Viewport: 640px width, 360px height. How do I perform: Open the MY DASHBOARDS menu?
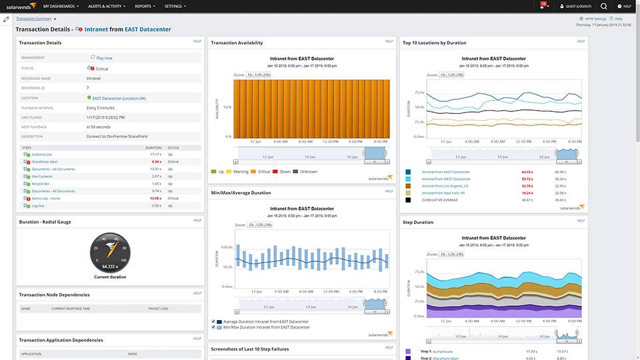pos(61,6)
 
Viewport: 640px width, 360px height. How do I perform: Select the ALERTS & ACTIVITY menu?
pos(106,6)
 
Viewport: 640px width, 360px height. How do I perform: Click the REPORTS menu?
pos(144,6)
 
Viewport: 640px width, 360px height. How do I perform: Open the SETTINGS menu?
pos(175,6)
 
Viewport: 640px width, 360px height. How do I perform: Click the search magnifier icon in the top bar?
pos(603,6)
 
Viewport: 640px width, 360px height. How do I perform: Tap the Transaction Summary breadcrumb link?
pos(35,19)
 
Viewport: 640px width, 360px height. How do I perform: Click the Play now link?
pos(103,58)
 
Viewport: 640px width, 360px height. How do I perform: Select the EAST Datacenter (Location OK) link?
pos(119,98)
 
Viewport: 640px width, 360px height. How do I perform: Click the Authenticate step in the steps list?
pos(43,154)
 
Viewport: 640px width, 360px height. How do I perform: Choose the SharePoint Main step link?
pos(45,161)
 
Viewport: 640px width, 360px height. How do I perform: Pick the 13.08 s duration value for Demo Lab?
pos(155,198)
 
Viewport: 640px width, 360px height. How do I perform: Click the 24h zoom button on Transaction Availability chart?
pos(267,75)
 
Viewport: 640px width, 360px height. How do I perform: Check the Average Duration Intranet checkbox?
pos(213,322)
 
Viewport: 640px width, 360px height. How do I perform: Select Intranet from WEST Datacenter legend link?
pos(446,179)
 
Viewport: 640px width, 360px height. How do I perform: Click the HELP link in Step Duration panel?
pos(581,220)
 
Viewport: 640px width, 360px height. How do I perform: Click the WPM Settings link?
pos(596,19)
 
